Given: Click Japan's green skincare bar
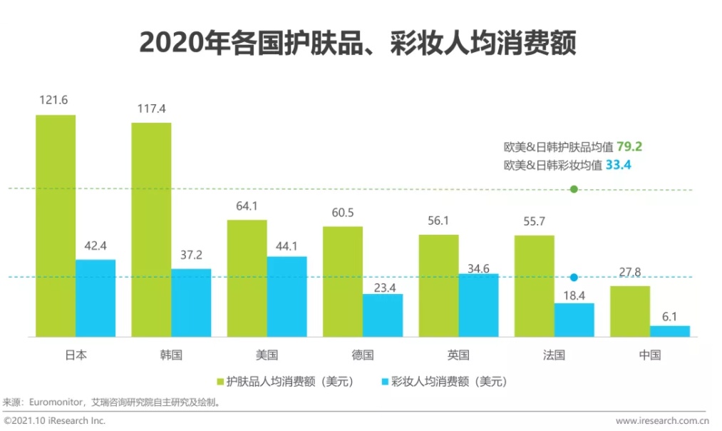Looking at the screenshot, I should point(56,225).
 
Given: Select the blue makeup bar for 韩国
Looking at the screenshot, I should point(191,303).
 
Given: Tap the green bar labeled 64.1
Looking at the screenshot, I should point(247,278).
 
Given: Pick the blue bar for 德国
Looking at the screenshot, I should point(382,315).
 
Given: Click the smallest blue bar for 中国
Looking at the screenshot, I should point(670,331).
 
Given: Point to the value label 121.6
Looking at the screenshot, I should point(53,101).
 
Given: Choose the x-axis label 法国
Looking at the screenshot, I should point(554,355).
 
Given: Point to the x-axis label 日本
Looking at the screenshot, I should point(75,355).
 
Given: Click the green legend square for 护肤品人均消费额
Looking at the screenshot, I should point(220,381).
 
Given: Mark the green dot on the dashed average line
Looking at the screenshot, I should point(574,189).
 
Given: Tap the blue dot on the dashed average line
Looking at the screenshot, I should point(574,277).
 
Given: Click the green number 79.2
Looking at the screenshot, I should point(630,147).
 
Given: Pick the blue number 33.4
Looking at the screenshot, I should point(619,165).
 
